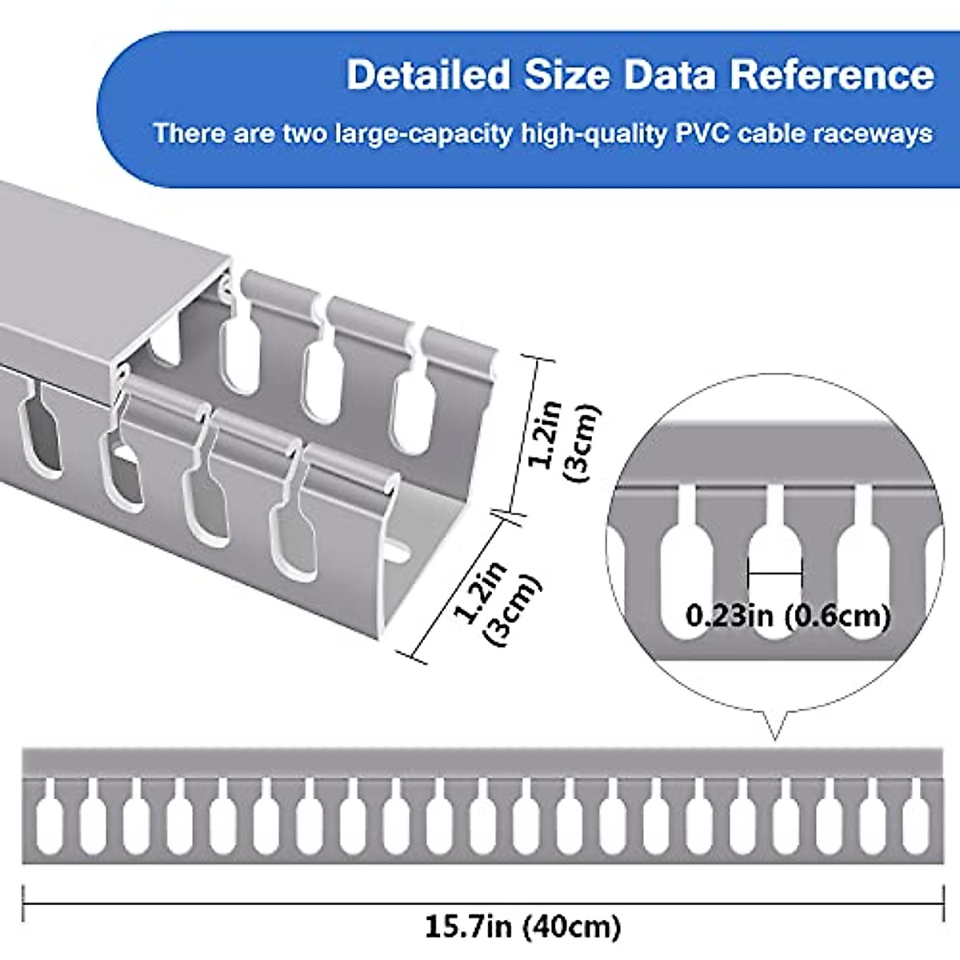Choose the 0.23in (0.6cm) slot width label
coord(788,616)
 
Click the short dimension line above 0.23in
coord(774,573)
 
